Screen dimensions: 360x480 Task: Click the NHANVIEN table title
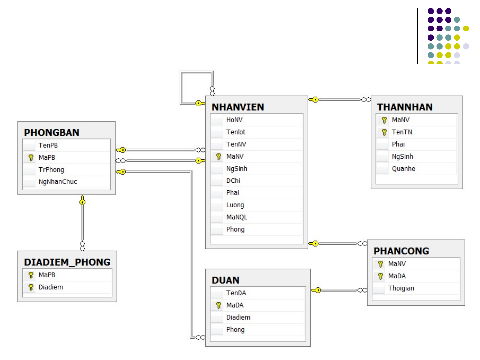tap(238, 107)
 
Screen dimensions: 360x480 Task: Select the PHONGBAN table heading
tap(52, 133)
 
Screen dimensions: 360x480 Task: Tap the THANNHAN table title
tap(405, 107)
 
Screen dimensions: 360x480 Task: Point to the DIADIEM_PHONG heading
tap(67, 262)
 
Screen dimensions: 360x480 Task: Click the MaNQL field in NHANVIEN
tap(237, 217)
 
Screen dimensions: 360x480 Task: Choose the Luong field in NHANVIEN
tap(235, 205)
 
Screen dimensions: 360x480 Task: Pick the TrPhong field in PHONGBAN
tap(51, 170)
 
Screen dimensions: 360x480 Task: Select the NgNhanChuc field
tap(58, 182)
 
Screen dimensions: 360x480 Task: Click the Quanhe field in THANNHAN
tap(403, 169)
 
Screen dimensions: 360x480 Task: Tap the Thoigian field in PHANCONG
tap(401, 288)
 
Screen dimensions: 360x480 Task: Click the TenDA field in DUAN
tap(236, 293)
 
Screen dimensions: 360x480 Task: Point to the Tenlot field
tap(236, 132)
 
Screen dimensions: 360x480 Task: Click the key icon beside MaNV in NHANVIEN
tap(219, 157)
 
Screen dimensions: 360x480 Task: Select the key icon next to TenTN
tap(384, 132)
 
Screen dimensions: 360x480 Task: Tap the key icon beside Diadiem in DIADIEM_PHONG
tap(31, 287)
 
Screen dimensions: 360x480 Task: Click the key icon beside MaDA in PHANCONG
tap(380, 276)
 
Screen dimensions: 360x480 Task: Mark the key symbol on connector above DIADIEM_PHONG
tap(82, 201)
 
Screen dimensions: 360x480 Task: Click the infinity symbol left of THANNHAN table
tap(366, 100)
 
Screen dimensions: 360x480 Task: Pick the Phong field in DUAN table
tap(235, 330)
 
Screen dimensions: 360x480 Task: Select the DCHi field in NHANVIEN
tap(233, 181)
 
